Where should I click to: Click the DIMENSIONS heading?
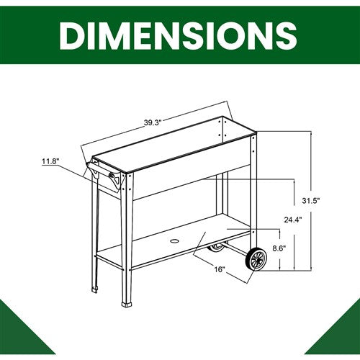tap(178, 36)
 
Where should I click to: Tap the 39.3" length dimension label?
tap(152, 122)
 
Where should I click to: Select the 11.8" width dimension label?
tap(50, 161)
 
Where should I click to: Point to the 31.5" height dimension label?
tap(311, 200)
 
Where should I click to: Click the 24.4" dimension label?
tap(293, 220)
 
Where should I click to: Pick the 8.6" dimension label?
tap(279, 248)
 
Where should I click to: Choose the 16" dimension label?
tap(219, 269)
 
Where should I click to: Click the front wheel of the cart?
tap(256, 259)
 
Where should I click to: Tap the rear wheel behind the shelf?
tap(216, 248)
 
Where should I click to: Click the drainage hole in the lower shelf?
tap(174, 240)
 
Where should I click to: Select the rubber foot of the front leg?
tap(127, 305)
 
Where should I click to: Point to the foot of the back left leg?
tap(94, 289)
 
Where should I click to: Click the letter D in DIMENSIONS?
tap(73, 36)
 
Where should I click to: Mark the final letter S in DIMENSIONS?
tap(287, 36)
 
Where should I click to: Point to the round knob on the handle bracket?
tap(112, 175)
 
